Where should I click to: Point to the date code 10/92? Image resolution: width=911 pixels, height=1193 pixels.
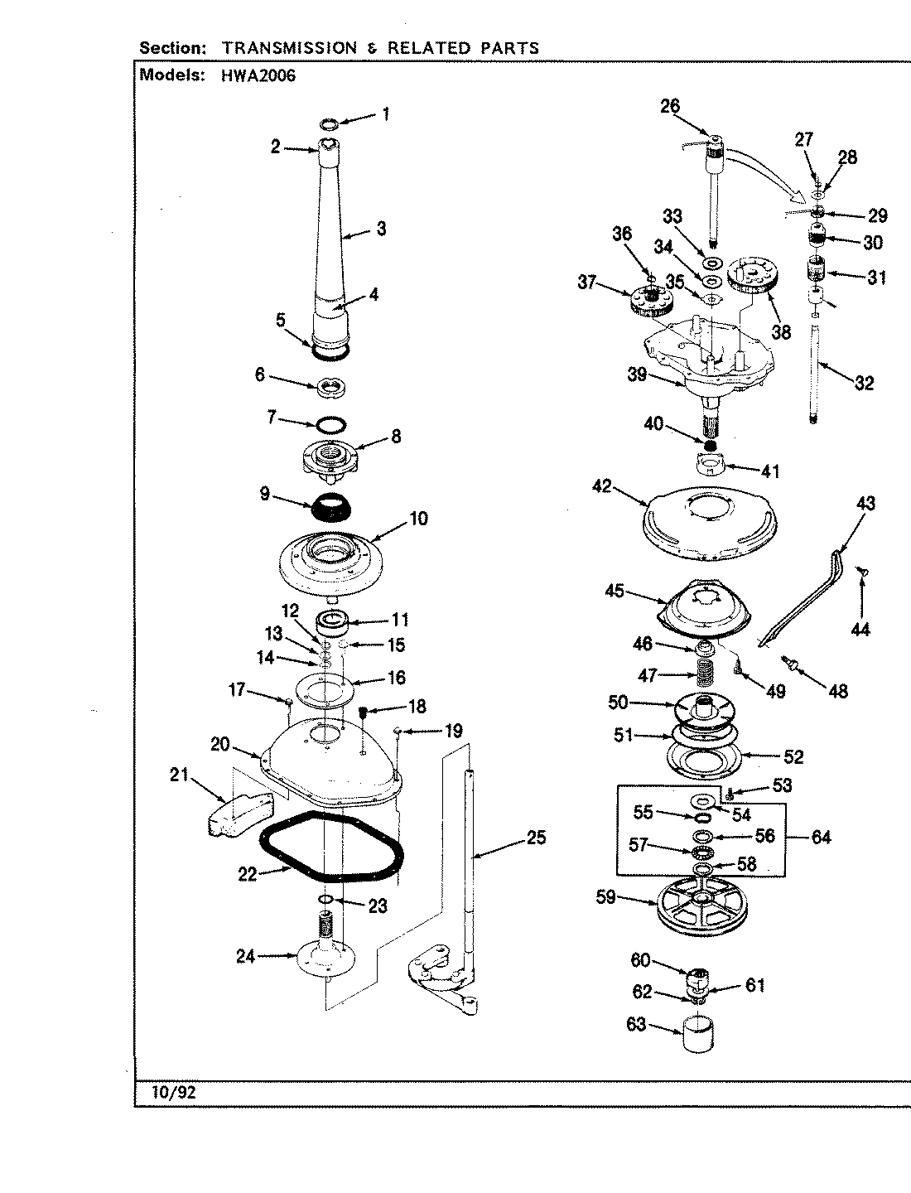[x=174, y=1092]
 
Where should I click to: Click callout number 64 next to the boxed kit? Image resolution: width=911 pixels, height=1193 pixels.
[x=820, y=837]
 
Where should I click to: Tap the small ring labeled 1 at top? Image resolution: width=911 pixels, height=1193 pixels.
[x=329, y=123]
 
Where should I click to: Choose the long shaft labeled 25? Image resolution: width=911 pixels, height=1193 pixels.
[x=470, y=862]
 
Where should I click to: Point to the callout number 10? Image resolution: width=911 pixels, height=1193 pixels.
[x=418, y=519]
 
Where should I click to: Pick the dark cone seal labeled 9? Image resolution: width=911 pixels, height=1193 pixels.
[x=330, y=505]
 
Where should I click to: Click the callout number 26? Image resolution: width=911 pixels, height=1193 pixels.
[x=669, y=105]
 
